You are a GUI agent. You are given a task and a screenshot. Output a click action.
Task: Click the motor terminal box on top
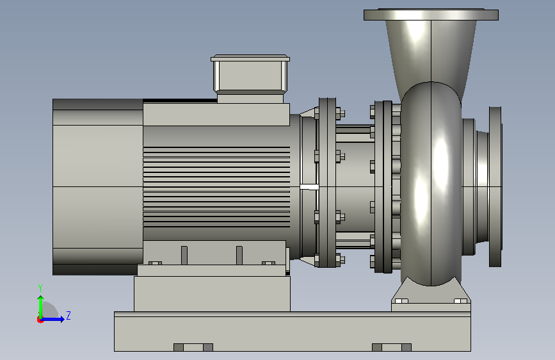pos(250,79)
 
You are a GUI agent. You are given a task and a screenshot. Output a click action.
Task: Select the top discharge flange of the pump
pos(431,15)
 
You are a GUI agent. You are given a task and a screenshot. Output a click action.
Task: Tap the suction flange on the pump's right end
pos(495,186)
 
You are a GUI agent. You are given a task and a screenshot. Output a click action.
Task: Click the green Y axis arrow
pos(41,307)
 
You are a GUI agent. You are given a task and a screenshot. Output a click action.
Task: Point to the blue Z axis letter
pos(68,315)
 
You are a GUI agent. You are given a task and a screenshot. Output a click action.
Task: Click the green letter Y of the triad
pos(40,288)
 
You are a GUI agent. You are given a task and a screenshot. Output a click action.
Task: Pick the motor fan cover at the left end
pos(98,187)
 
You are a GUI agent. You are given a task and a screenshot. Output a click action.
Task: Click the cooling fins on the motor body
pos(216,187)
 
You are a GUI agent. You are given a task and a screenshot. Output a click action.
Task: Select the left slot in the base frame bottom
pos(193,347)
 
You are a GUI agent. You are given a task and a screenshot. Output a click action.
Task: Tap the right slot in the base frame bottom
pos(392,347)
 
